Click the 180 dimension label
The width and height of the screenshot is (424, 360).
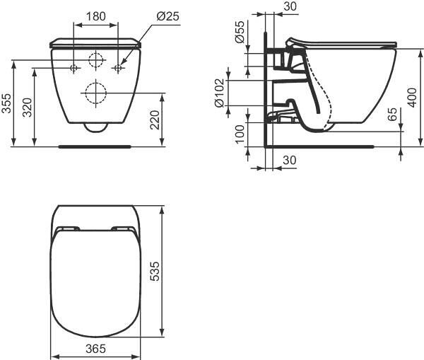(x=95, y=16)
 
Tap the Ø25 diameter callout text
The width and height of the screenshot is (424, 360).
(x=167, y=16)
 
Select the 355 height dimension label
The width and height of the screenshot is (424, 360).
(x=6, y=103)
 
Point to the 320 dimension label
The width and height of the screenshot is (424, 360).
(x=27, y=108)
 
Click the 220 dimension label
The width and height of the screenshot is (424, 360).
(x=155, y=120)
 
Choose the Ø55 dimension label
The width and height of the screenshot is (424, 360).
(x=240, y=32)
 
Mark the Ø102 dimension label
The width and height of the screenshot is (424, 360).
(x=219, y=93)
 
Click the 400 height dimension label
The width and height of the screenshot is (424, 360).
(x=412, y=98)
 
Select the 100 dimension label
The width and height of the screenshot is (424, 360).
(x=240, y=134)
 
